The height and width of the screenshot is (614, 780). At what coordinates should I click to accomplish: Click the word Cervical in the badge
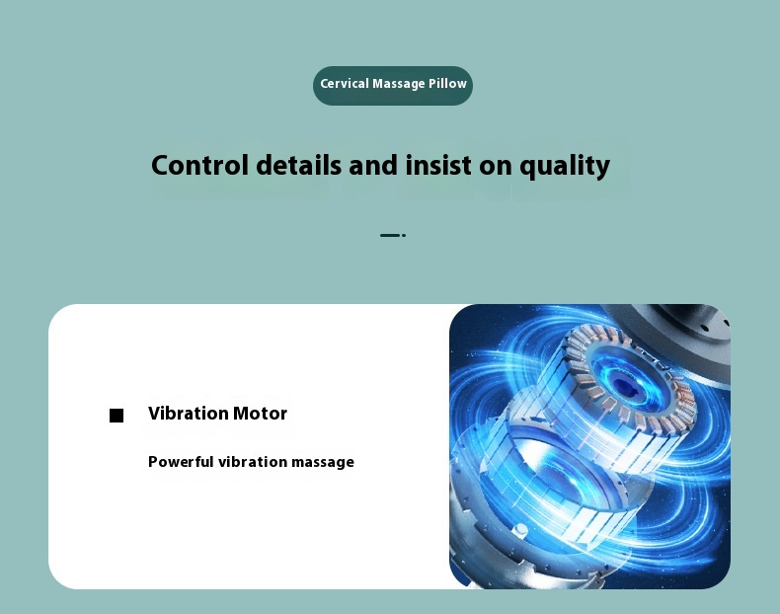click(x=345, y=84)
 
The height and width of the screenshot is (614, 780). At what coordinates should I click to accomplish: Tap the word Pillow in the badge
click(x=447, y=84)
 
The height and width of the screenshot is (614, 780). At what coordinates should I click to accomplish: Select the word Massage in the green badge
click(x=399, y=84)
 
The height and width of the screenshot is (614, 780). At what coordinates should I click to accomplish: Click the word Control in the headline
click(x=199, y=165)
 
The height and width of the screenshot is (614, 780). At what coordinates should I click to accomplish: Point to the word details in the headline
click(x=298, y=165)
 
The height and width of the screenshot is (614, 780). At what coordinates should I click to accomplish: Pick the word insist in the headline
click(x=437, y=165)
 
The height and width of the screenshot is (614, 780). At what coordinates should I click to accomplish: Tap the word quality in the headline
click(x=565, y=167)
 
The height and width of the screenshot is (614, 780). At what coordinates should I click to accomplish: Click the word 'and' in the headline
click(x=373, y=165)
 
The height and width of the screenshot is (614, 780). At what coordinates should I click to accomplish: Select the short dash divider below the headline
click(x=393, y=235)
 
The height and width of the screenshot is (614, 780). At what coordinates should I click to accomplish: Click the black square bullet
click(x=117, y=416)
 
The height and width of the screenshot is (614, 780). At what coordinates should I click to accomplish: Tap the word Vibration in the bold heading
click(x=188, y=414)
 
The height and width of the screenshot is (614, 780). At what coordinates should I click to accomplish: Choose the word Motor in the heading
click(x=261, y=414)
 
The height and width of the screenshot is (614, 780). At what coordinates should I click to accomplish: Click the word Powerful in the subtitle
click(x=181, y=462)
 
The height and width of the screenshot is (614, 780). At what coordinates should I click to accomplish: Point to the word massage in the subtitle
click(x=322, y=463)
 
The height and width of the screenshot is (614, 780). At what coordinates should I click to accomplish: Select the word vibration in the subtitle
click(x=253, y=462)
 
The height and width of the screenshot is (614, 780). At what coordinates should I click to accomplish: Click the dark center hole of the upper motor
click(x=621, y=384)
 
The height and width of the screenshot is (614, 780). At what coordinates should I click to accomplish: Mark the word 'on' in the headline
click(x=495, y=167)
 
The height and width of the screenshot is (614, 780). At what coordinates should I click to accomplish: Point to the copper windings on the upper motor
click(x=682, y=393)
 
